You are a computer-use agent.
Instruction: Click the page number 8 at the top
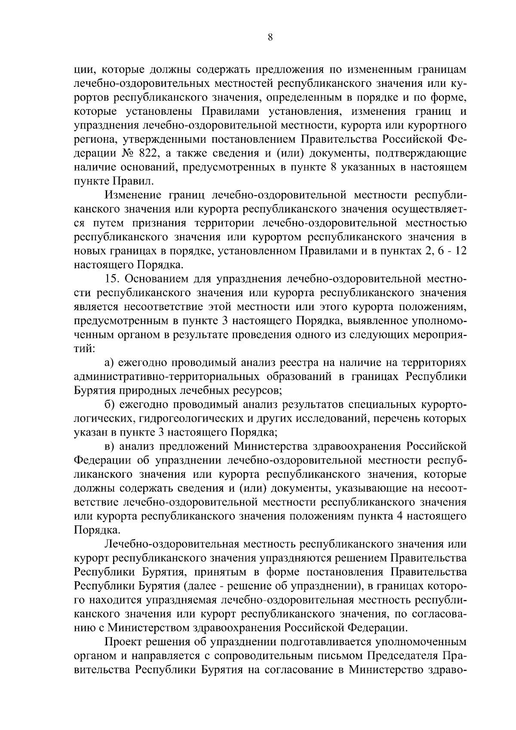[x=270, y=37]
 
